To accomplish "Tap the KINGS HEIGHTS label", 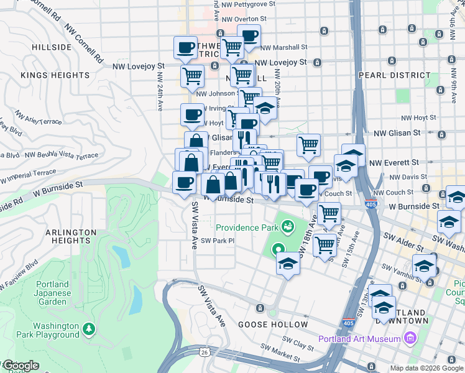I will (x=55, y=75).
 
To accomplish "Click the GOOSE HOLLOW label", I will (x=274, y=325).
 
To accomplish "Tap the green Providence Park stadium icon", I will (x=287, y=227).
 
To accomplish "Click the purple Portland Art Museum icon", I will (x=410, y=338).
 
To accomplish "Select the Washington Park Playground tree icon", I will (x=89, y=328).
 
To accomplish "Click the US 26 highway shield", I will (x=205, y=352).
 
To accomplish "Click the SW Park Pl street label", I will (x=217, y=241).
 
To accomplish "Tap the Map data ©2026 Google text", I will (x=426, y=368).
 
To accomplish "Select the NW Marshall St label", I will (x=283, y=47).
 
